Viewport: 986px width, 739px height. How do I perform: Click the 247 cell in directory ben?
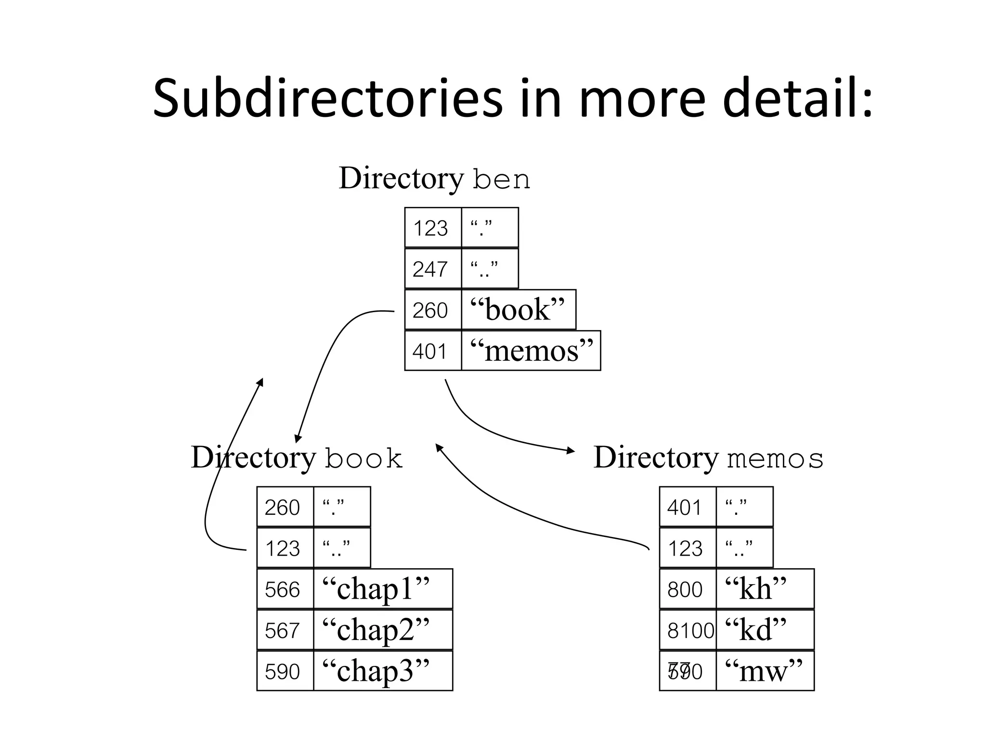point(432,268)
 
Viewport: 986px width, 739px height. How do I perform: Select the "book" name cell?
point(518,309)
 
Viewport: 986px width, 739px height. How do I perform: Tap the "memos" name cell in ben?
point(531,351)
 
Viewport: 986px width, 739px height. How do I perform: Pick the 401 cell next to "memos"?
point(432,351)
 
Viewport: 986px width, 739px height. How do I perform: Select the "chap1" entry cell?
point(382,589)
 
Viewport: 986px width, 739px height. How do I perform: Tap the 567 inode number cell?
point(285,630)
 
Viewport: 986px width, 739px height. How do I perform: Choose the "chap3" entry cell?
point(382,671)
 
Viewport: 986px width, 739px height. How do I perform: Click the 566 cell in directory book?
point(285,589)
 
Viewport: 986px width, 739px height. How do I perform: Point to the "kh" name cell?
point(765,589)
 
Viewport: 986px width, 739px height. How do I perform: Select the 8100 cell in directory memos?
point(688,630)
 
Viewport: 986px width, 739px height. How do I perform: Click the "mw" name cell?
point(765,671)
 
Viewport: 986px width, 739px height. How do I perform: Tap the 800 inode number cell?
point(688,589)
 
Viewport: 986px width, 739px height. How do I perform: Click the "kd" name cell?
point(765,630)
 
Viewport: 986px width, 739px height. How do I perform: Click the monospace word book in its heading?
point(363,459)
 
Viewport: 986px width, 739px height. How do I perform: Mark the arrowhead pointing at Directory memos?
point(571,451)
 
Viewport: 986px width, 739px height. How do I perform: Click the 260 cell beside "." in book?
point(285,507)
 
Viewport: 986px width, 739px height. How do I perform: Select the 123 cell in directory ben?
point(432,228)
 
